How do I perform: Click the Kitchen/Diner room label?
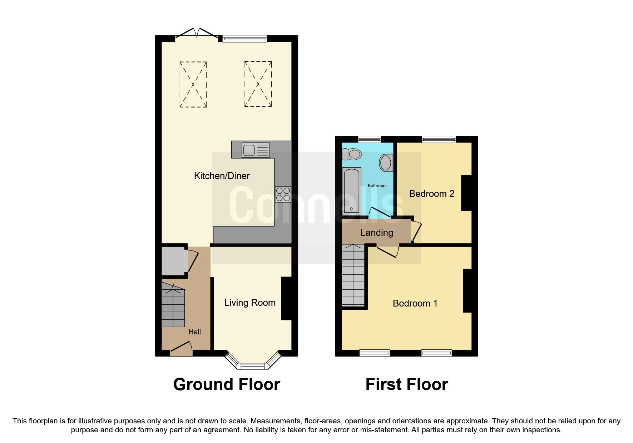coord(222,176)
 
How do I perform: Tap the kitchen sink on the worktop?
coord(255,150)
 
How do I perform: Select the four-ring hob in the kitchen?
coord(283,194)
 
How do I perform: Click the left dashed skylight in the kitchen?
coord(193,84)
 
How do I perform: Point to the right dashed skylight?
coord(258,84)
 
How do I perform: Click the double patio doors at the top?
coord(196,34)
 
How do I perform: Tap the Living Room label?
coord(249,303)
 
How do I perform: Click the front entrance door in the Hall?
coord(182,348)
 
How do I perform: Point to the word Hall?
coord(194,332)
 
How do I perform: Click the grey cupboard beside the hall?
coord(173,260)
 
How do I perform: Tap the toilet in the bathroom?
coord(352,154)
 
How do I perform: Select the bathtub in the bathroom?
coord(351,191)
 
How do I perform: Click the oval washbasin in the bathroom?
coord(386,163)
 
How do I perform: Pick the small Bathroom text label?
coord(377,186)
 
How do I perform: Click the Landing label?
coord(376,233)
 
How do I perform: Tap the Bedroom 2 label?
coord(431,194)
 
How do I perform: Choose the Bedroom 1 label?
coord(415,303)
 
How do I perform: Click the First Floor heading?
coord(406,384)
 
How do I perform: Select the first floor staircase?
coord(353,275)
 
